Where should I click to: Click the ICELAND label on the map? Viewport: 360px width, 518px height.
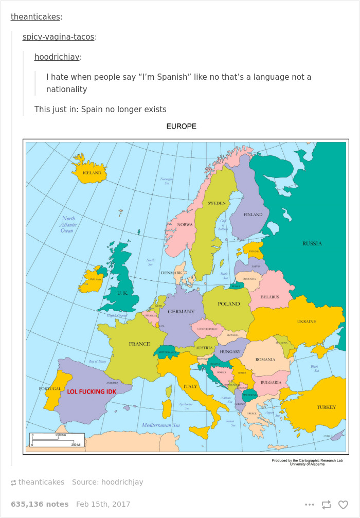tap(92, 173)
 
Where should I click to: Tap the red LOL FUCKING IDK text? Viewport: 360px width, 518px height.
tap(92, 391)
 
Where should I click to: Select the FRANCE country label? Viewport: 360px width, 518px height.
tap(139, 344)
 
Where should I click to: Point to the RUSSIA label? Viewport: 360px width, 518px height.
tap(312, 243)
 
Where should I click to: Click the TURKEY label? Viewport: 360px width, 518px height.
tap(326, 407)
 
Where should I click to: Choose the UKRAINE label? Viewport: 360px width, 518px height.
tap(307, 321)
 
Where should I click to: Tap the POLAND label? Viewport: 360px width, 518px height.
tap(228, 303)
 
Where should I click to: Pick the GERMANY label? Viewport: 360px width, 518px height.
tap(181, 311)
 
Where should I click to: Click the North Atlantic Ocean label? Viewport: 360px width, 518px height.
tap(68, 224)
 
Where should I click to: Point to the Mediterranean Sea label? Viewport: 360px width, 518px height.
tap(160, 425)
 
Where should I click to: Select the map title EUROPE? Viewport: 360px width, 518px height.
tap(181, 126)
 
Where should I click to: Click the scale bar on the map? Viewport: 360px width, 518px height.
tap(57, 440)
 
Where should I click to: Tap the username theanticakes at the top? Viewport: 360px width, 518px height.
tap(35, 17)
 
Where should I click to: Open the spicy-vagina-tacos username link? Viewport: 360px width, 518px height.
tap(59, 37)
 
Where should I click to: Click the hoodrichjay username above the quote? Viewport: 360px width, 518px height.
tap(57, 57)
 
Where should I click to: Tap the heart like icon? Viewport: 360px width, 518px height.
tap(343, 505)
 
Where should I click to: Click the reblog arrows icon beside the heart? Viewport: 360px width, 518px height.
tap(326, 505)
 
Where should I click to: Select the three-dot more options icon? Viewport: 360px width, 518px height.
tap(309, 505)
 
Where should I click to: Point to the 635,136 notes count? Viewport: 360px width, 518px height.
tap(40, 504)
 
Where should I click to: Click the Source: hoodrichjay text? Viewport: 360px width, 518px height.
tap(107, 482)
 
